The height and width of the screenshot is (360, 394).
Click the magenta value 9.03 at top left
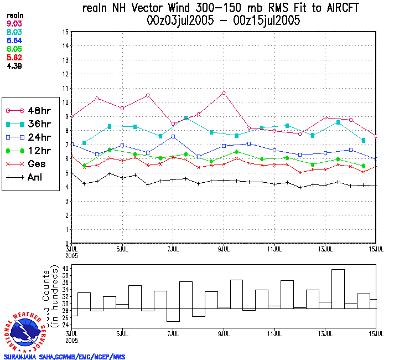[x=14, y=24]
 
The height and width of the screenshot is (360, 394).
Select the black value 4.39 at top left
[x=14, y=67]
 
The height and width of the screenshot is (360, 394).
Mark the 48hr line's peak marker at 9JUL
[x=224, y=92]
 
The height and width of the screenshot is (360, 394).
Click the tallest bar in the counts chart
[x=338, y=288]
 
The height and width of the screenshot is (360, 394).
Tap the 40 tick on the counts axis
[x=65, y=269]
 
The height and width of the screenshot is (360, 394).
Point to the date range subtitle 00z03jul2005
[x=178, y=22]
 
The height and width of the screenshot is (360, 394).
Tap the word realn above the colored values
[x=14, y=16]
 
